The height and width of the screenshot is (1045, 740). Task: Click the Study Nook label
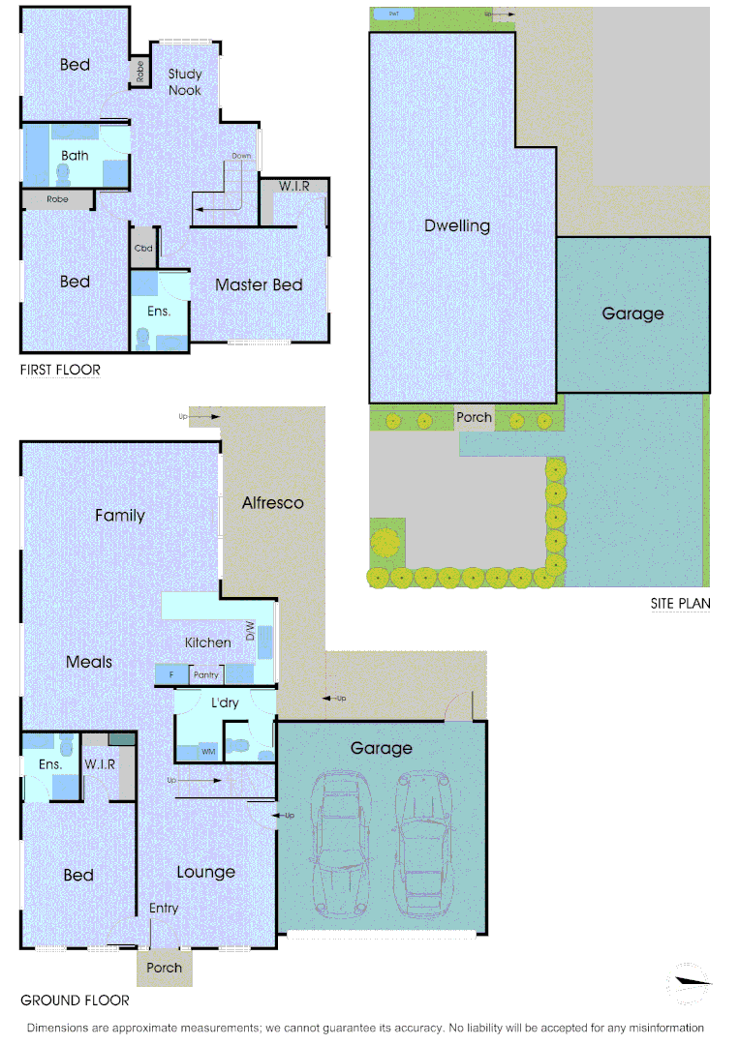click(x=184, y=81)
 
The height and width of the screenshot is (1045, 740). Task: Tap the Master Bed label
click(x=259, y=284)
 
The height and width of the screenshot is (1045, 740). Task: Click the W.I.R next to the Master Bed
click(x=293, y=186)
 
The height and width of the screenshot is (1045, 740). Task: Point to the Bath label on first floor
click(x=75, y=155)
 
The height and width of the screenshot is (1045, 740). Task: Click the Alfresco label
click(x=272, y=502)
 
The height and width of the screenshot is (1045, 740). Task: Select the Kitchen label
click(x=208, y=642)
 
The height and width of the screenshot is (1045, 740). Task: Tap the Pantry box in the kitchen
click(x=206, y=674)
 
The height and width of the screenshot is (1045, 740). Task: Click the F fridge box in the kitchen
click(x=171, y=674)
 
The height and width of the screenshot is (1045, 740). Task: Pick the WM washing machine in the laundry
click(x=208, y=751)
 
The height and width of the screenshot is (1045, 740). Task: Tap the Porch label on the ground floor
click(x=164, y=968)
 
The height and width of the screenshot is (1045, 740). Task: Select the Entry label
click(x=164, y=908)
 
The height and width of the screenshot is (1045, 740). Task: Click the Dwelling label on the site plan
click(x=457, y=225)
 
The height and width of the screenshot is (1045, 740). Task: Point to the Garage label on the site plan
click(x=632, y=313)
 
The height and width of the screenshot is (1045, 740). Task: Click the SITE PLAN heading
click(x=680, y=604)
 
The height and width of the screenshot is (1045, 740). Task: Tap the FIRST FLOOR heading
click(x=60, y=370)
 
